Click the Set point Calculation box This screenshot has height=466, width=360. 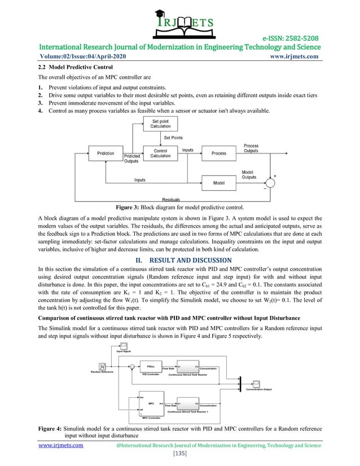pyautogui.click(x=160, y=124)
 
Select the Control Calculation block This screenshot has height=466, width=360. pyautogui.click(x=160, y=153)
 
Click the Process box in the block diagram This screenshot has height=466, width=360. pyautogui.click(x=218, y=153)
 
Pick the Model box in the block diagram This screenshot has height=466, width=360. pyautogui.click(x=218, y=183)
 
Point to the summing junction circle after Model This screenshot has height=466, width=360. pyautogui.click(x=270, y=183)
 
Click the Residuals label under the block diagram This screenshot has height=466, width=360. pyautogui.click(x=171, y=200)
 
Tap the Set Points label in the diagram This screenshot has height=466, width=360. pyautogui.click(x=173, y=138)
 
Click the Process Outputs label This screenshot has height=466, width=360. pyautogui.click(x=251, y=148)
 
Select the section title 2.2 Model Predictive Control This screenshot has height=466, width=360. pyautogui.click(x=70, y=67)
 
